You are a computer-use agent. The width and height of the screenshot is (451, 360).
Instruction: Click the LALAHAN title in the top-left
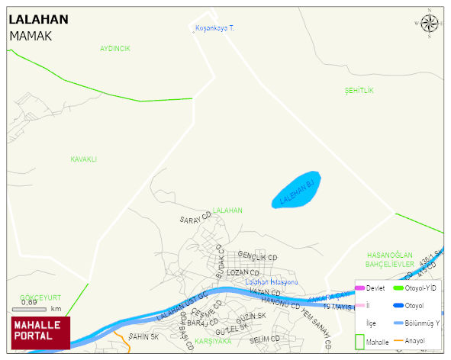tap(38, 19)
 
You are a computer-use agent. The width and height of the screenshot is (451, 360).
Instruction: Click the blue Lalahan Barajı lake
tap(298, 189)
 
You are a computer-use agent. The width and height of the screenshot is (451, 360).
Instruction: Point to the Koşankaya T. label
tap(215, 28)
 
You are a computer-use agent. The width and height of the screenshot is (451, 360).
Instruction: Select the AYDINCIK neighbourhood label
tap(115, 48)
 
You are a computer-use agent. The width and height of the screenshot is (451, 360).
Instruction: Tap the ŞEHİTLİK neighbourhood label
tap(359, 91)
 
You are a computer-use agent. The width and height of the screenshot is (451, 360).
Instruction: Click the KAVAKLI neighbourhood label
tap(84, 159)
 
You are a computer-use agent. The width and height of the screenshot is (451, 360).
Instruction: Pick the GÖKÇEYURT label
tap(41, 297)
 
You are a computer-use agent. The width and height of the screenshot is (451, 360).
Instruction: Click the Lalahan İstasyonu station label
tap(271, 282)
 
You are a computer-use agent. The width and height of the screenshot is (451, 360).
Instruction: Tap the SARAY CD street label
tap(195, 220)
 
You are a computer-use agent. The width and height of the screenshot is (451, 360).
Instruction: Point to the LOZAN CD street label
tap(244, 272)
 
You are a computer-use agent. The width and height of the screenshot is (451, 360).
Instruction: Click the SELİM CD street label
tap(265, 338)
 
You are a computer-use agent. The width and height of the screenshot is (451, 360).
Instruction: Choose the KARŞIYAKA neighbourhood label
tap(213, 341)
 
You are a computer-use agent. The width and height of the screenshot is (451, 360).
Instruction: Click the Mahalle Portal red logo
tap(40, 333)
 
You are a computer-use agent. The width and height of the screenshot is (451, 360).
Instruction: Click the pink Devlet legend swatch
tap(359, 288)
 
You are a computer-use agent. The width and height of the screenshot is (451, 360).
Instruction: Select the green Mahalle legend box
tap(360, 342)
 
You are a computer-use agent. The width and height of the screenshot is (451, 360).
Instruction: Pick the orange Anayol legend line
tap(398, 340)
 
